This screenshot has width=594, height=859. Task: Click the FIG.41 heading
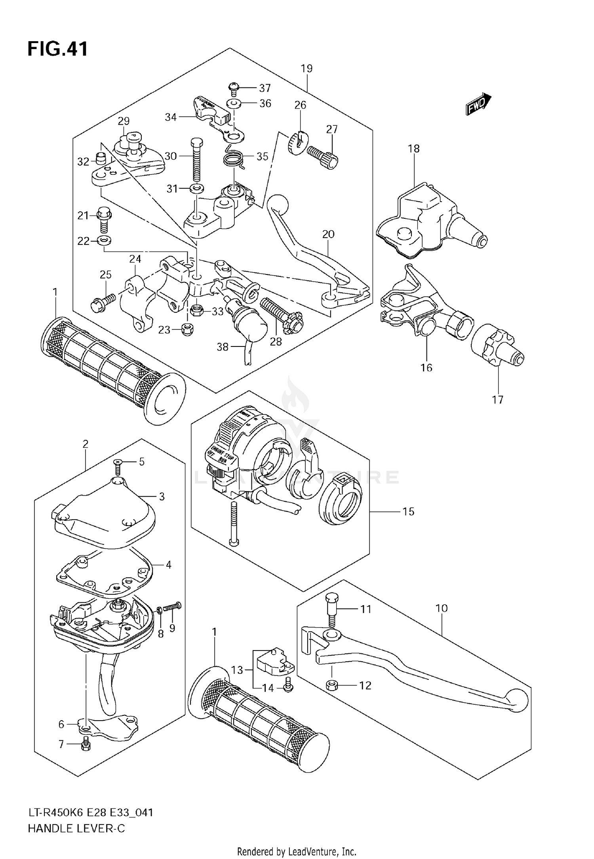pyautogui.click(x=57, y=49)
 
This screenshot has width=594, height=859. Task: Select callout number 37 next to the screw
pyautogui.click(x=265, y=87)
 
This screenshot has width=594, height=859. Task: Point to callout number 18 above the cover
pyautogui.click(x=414, y=149)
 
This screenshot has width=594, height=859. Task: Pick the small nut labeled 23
pyautogui.click(x=187, y=329)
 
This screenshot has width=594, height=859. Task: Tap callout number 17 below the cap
pyautogui.click(x=497, y=399)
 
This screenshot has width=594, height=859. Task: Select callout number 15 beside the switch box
pyautogui.click(x=408, y=511)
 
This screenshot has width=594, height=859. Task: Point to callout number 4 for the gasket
pyautogui.click(x=169, y=565)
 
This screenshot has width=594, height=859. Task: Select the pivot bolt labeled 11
pyautogui.click(x=331, y=614)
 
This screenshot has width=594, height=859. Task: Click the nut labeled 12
pyautogui.click(x=332, y=685)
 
